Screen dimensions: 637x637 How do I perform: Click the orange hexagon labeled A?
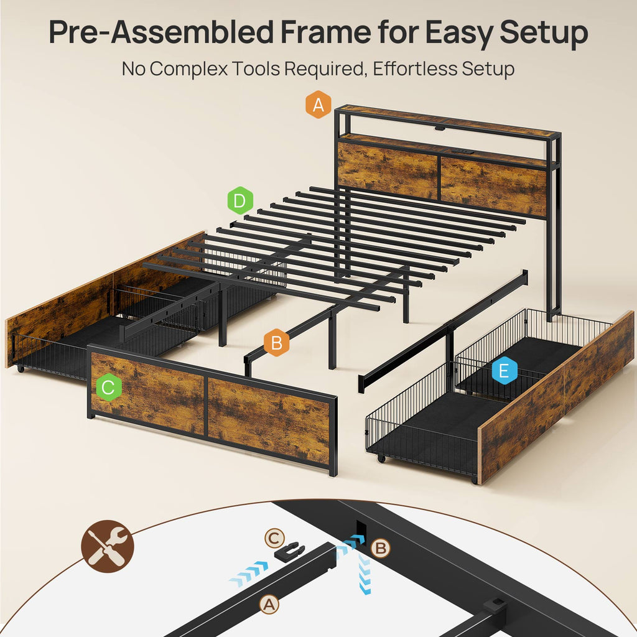coord(318,105)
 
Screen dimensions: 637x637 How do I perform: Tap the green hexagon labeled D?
coord(240,200)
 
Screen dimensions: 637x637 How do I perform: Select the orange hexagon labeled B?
coord(277,343)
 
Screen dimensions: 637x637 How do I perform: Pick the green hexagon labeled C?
coord(109,387)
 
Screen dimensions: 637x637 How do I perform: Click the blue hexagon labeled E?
coord(504,371)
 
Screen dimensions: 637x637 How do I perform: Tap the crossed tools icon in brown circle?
coord(107,546)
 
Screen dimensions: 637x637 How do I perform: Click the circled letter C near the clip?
coord(274,539)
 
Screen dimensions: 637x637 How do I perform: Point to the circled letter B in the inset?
coord(380,548)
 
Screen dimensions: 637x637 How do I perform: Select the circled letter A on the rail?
coord(269,605)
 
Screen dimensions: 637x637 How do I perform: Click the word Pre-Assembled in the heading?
coord(161,32)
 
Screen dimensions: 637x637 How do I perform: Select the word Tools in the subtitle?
coord(256,68)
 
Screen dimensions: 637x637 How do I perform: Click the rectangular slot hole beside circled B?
coord(361,531)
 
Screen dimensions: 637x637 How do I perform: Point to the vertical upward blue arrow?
coord(365,574)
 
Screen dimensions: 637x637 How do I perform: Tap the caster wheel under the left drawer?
coord(21,369)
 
